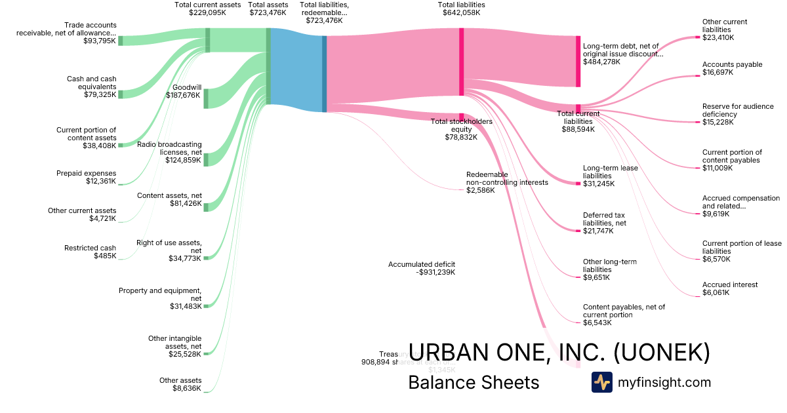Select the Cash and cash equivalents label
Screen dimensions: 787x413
click(x=91, y=87)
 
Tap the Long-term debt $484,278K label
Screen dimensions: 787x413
click(x=622, y=54)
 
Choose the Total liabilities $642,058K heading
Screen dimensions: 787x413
click(x=462, y=9)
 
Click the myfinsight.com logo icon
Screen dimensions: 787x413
click(x=601, y=382)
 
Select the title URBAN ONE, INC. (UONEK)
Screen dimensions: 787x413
click(x=559, y=352)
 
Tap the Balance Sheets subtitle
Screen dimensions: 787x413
click(x=474, y=382)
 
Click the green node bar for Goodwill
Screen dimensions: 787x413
click(x=206, y=98)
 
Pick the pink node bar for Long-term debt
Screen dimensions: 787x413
click(x=578, y=61)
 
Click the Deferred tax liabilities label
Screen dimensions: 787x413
click(x=604, y=223)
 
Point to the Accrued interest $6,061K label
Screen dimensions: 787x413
click(x=730, y=288)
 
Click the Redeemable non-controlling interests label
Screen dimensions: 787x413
click(x=506, y=182)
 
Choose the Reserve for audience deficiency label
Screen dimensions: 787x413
click(x=737, y=114)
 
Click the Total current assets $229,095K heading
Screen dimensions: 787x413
click(x=207, y=9)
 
